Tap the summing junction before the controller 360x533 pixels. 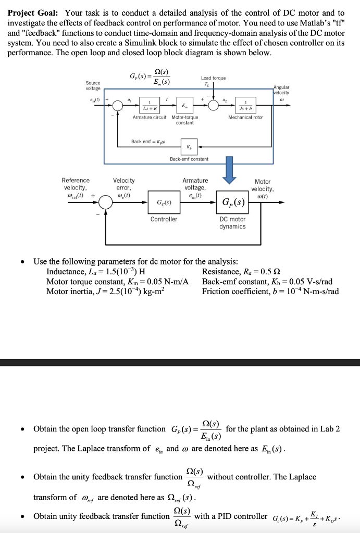click(x=106, y=202)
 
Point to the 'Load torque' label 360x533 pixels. click(x=213, y=78)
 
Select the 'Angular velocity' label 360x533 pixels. click(x=281, y=90)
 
